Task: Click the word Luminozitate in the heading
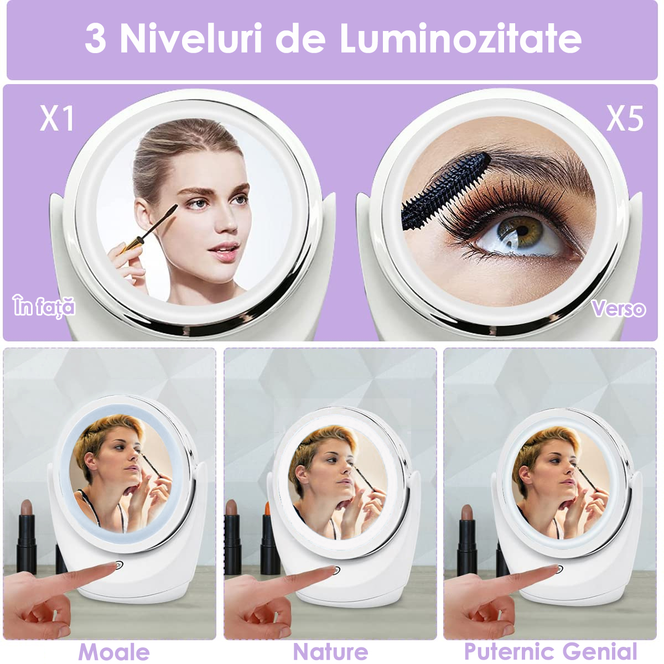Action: [x=460, y=38]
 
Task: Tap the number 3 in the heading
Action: [x=95, y=39]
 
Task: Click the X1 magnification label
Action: [x=57, y=118]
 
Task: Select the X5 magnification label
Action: [x=624, y=118]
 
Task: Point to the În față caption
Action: [x=44, y=306]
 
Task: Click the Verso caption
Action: [x=619, y=308]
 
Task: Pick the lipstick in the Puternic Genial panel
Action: [x=467, y=537]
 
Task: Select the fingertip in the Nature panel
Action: [x=330, y=569]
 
